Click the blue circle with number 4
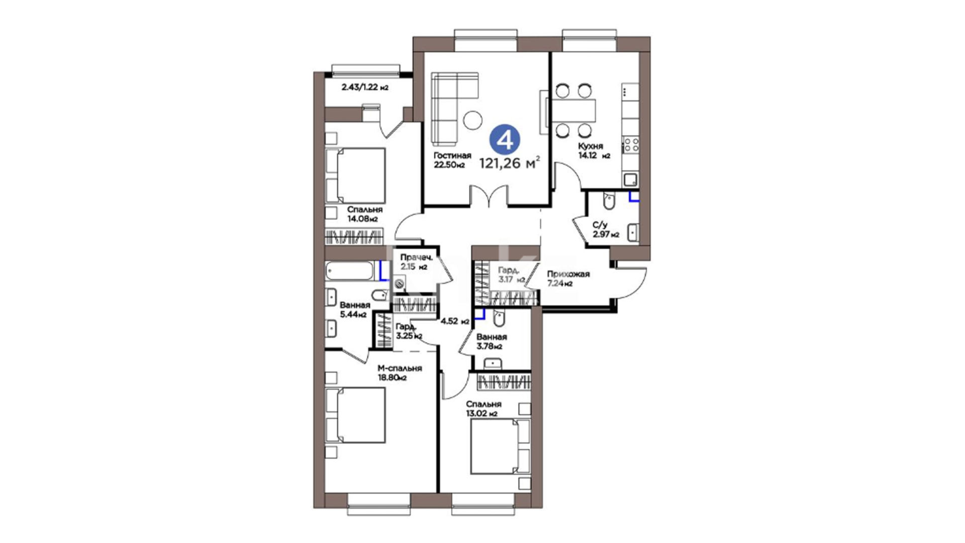505,139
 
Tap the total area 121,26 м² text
510,162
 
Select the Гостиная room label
452,155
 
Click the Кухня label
590,146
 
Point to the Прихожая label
568,274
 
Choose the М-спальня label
400,368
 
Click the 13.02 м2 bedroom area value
481,414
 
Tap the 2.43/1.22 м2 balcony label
365,87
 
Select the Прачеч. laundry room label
416,258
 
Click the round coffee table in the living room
472,120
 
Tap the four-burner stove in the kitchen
631,145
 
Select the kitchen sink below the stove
631,179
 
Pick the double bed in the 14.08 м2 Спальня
355,176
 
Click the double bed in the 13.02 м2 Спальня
501,446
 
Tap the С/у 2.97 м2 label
605,230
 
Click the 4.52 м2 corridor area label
455,321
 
